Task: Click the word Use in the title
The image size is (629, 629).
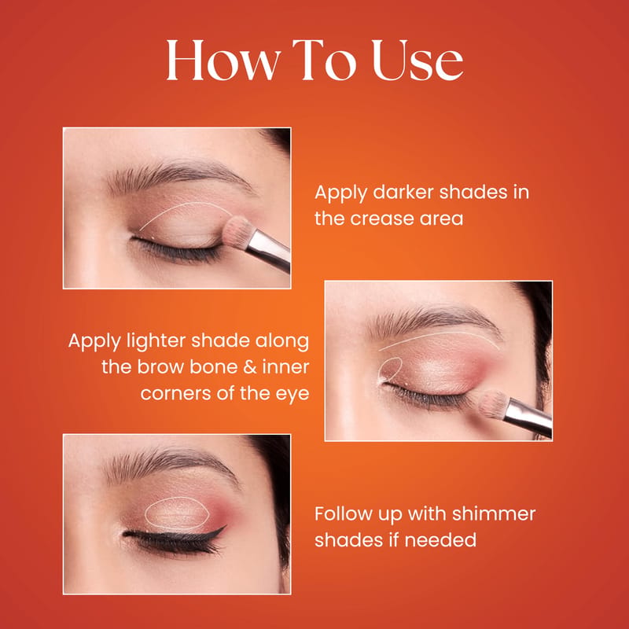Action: coord(417,61)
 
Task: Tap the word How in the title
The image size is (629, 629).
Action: coord(223,61)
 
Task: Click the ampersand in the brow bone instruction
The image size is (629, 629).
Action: coord(249,367)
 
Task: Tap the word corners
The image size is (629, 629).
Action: coord(175,394)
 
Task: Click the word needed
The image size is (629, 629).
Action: coord(440,540)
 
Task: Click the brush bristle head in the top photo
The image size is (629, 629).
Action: coord(238,232)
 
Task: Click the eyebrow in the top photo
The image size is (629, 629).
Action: coord(181,175)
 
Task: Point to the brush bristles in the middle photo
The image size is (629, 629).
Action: coord(494,404)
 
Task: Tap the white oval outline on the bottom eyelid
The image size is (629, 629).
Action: coord(145,514)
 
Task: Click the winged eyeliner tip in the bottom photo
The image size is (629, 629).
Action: coord(226,525)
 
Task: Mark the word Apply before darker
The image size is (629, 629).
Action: coord(340,193)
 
